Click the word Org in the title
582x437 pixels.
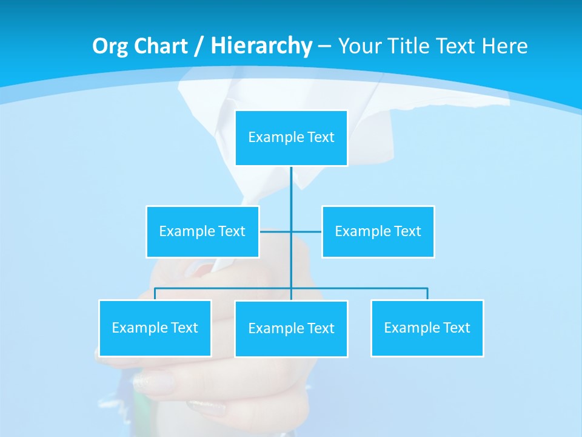pos(110,46)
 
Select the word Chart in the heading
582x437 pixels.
pos(158,46)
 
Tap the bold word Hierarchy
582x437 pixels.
pos(261,46)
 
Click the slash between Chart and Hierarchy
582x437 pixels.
pos(198,47)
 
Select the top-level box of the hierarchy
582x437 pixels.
pos(291,138)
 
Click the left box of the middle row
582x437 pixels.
pos(202,231)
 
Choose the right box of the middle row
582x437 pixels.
pos(378,231)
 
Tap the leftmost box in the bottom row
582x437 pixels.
pos(155,328)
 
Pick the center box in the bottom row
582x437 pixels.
pos(291,328)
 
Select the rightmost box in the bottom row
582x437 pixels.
pos(427,328)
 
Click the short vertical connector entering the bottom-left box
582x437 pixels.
pos(155,294)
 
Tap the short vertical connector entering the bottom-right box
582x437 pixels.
pos(427,294)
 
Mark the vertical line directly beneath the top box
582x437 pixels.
pos(291,188)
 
